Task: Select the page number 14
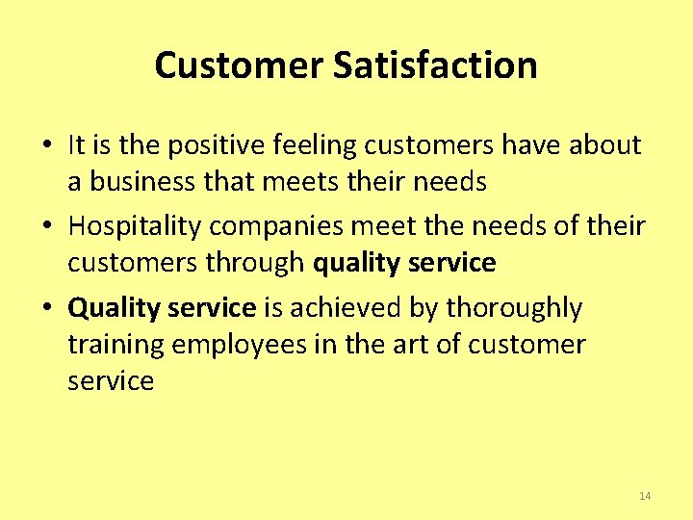click(x=645, y=496)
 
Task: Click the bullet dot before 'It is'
click(x=46, y=146)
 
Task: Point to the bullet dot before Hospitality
click(x=46, y=228)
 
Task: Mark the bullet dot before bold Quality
click(x=46, y=309)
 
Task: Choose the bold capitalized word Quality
click(x=114, y=309)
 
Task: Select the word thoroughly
click(x=515, y=309)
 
